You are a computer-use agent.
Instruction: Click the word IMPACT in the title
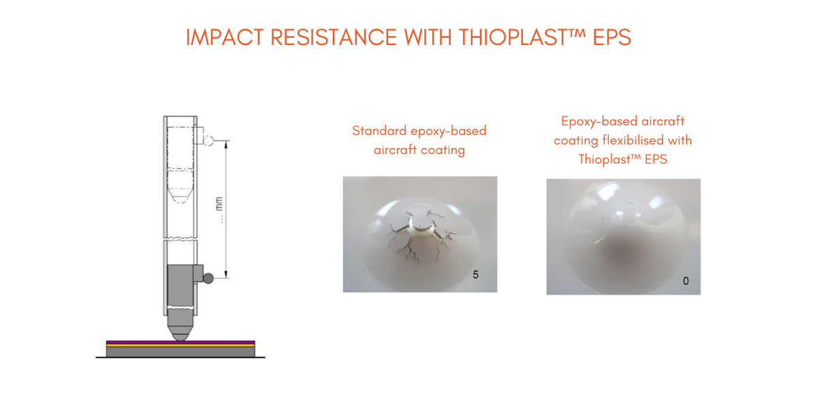click(x=225, y=37)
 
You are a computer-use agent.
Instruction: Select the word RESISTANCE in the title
click(x=334, y=37)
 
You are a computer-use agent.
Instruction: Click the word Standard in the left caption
click(x=379, y=131)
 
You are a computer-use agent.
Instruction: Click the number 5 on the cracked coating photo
click(x=476, y=275)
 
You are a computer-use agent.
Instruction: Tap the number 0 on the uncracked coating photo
click(x=686, y=281)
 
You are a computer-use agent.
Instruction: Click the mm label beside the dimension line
click(x=219, y=204)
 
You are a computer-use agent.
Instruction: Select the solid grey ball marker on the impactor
click(x=208, y=278)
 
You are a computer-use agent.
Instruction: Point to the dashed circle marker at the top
click(x=208, y=140)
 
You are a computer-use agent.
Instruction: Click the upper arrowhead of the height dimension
click(x=226, y=145)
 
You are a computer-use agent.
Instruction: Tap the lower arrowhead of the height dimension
click(x=226, y=274)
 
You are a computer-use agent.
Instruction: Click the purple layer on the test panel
click(x=180, y=342)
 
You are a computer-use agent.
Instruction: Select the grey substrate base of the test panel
click(x=180, y=352)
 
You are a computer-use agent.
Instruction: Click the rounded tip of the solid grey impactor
click(x=180, y=336)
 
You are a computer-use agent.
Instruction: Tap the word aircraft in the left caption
click(x=396, y=150)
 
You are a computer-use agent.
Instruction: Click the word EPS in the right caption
click(x=656, y=160)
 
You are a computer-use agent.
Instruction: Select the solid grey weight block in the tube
click(x=180, y=287)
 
